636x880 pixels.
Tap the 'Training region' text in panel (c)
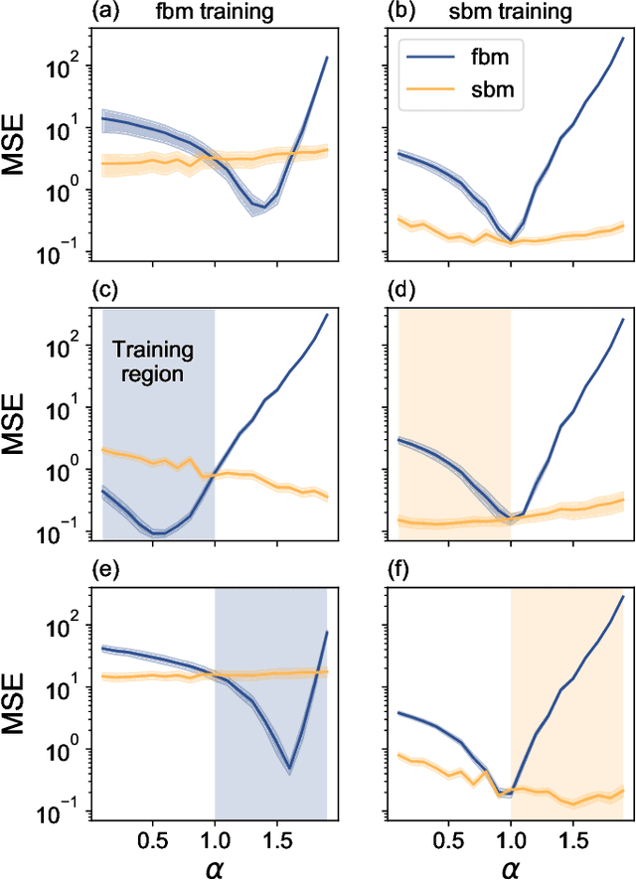[x=153, y=364]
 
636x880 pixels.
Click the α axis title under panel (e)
[x=215, y=862]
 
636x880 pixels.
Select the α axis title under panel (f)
[x=510, y=862]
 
